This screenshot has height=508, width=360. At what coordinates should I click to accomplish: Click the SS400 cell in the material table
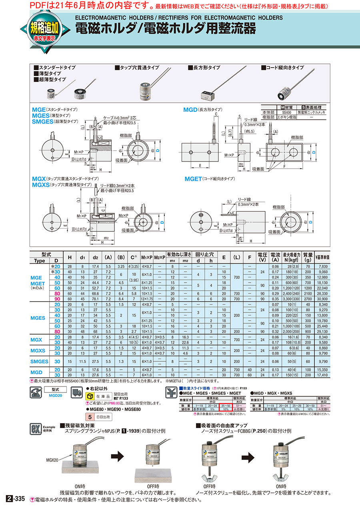[x=286, y=113]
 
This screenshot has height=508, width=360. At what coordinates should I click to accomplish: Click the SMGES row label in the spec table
[x=40, y=361]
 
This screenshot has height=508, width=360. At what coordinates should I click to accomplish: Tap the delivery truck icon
[x=76, y=393]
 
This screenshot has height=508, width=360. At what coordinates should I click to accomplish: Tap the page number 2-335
[x=16, y=499]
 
